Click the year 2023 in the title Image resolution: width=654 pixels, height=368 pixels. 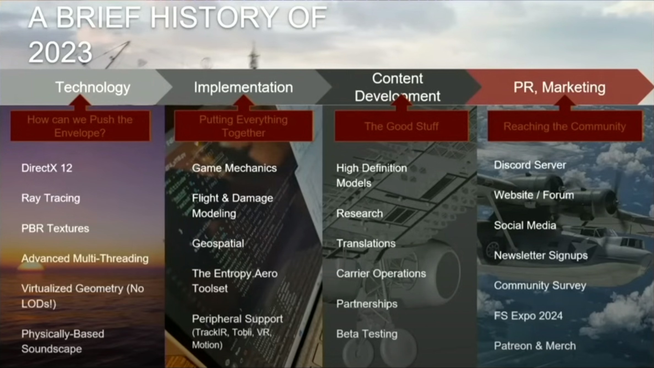coord(60,52)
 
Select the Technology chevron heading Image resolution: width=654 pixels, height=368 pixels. coord(93,87)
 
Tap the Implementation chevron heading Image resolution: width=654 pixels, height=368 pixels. coord(243,87)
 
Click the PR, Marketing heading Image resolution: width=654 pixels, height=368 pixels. coord(559,87)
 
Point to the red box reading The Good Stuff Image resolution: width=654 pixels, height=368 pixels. coord(401,126)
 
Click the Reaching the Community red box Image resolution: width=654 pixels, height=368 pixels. coord(565,126)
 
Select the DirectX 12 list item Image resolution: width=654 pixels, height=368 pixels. coord(47,168)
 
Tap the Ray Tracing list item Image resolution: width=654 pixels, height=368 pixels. coord(51,198)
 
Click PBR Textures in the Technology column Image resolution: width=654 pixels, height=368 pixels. coord(55,228)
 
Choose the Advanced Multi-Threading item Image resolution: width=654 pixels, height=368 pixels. coord(85,259)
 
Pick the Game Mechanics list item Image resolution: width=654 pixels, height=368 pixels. coord(234,168)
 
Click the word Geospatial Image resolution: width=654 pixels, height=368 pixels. coord(218,244)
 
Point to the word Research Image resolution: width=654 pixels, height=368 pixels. coord(359,213)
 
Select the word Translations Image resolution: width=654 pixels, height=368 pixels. coord(366,243)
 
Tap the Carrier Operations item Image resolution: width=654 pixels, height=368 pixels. coord(381,274)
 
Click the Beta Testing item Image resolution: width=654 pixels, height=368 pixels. coord(367,334)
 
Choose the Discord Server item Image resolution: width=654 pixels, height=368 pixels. coord(530,165)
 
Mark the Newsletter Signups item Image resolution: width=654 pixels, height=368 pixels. coord(541,256)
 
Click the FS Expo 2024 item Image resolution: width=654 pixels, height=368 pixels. coord(528,316)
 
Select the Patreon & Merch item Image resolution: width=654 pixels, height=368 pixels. coord(535,346)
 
